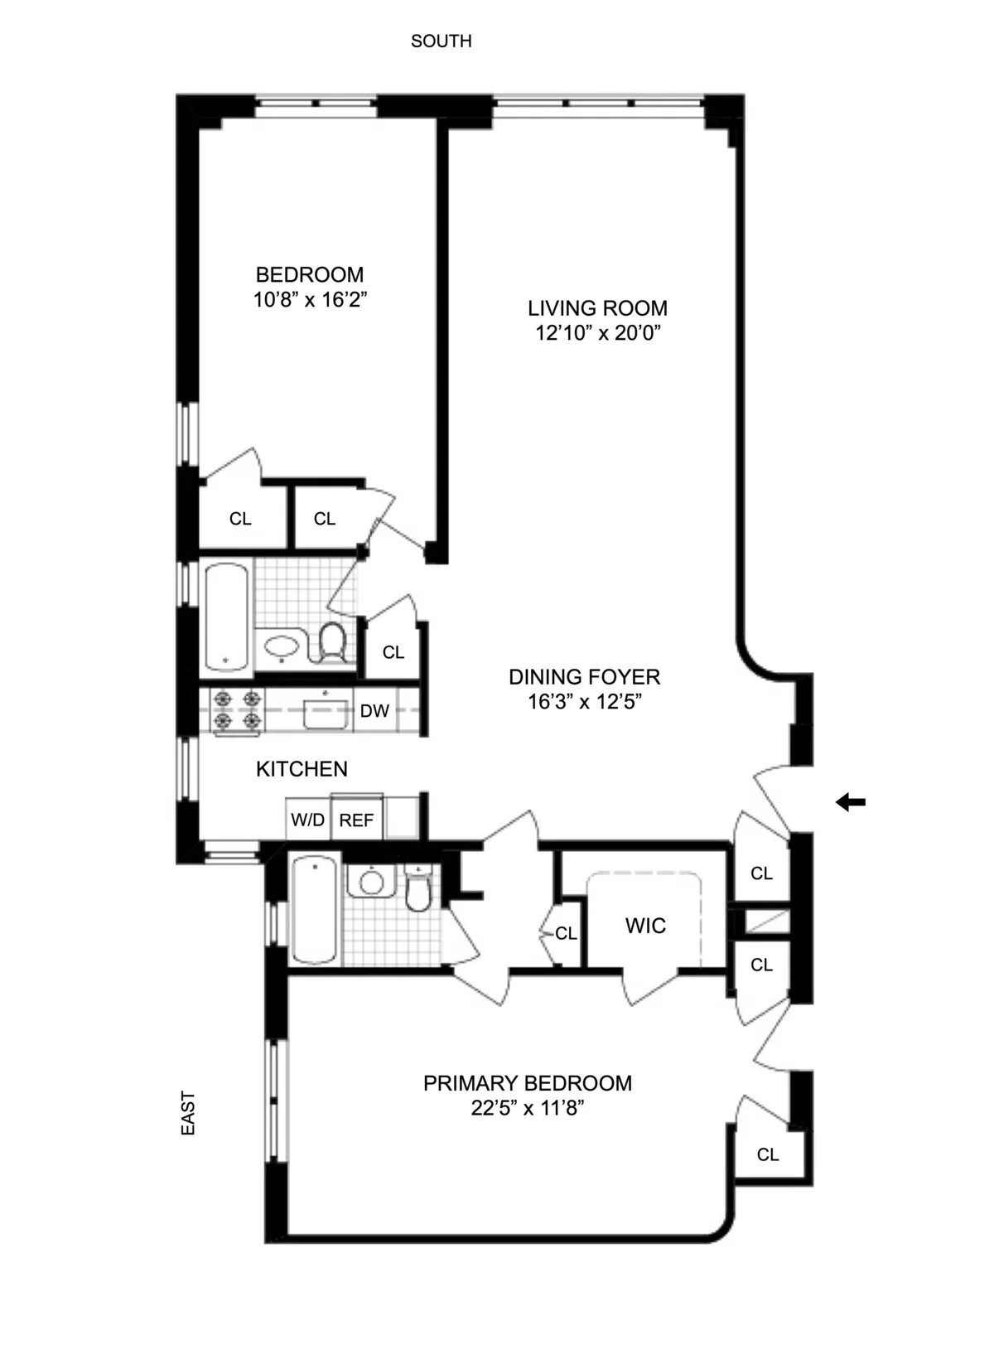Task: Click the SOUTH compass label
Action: (x=441, y=41)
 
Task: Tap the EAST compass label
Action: (x=188, y=1113)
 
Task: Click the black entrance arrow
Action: (x=850, y=801)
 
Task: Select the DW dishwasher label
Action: (x=374, y=711)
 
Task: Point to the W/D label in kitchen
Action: (x=307, y=820)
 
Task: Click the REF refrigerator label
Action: (x=356, y=820)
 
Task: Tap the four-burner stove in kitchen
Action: (x=237, y=710)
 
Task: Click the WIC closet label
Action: (x=645, y=926)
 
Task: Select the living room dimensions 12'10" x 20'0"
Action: (x=597, y=333)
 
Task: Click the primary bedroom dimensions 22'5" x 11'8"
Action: (x=528, y=1108)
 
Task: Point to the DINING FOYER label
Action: (x=584, y=677)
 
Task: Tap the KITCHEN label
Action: (x=302, y=769)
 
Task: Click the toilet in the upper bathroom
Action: (x=332, y=641)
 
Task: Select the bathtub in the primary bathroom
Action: (x=314, y=910)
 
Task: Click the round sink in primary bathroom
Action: (x=372, y=883)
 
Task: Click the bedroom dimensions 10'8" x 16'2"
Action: (x=310, y=299)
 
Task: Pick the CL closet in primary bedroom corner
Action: (x=768, y=1154)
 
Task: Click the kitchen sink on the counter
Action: (x=326, y=712)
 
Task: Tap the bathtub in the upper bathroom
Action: (x=226, y=616)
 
